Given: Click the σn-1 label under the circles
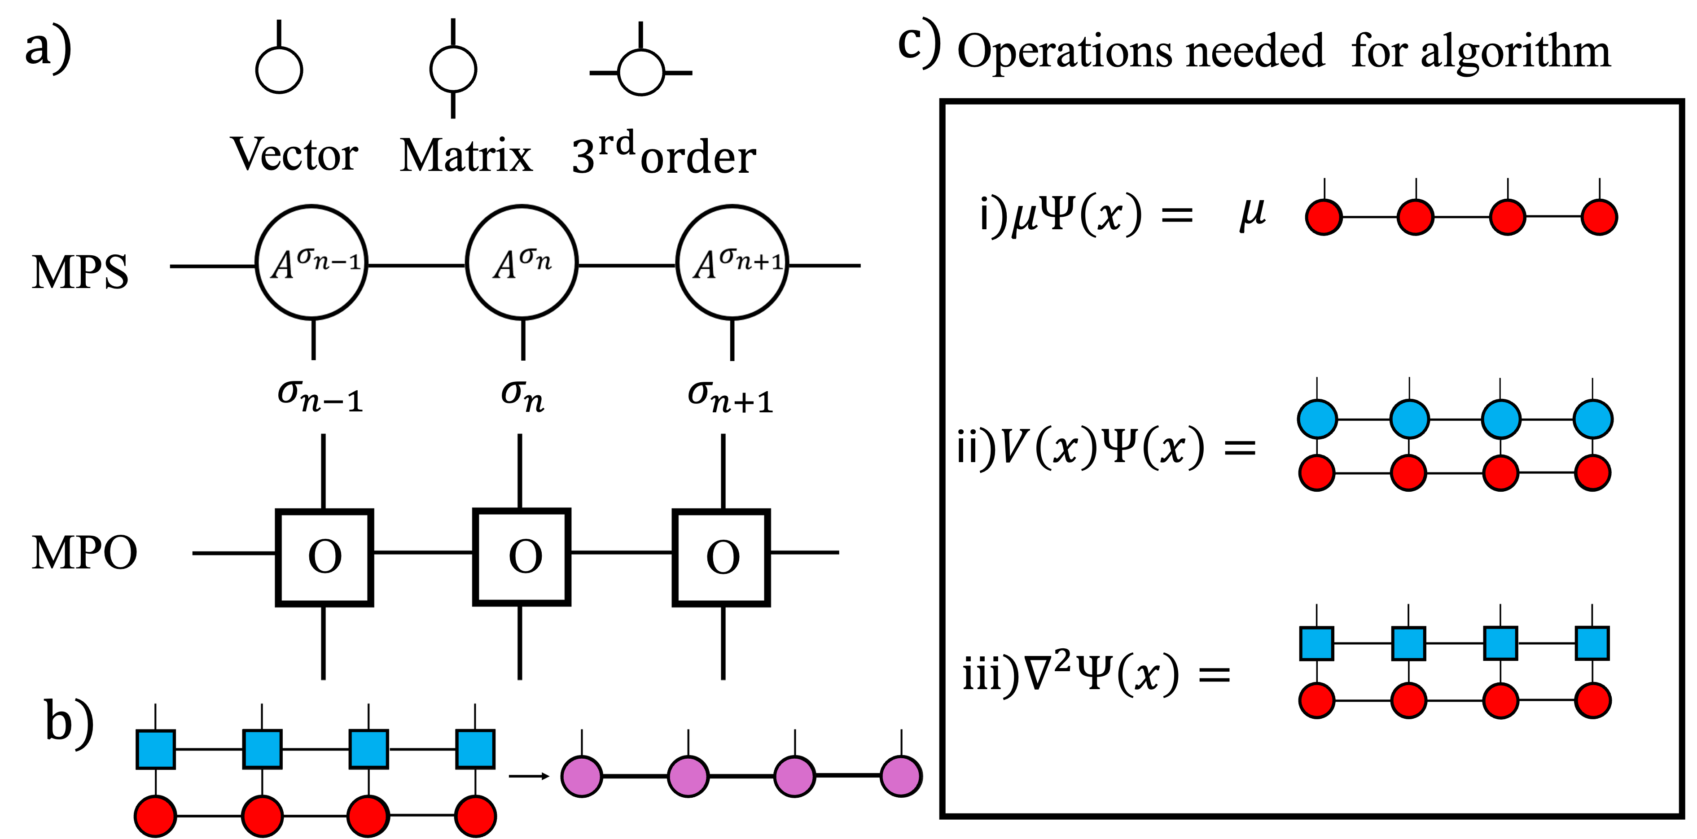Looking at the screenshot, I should pyautogui.click(x=320, y=396).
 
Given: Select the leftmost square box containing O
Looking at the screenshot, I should pyautogui.click(x=324, y=557).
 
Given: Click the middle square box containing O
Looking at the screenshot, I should pyautogui.click(x=522, y=556).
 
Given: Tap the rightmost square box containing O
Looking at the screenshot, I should pyautogui.click(x=721, y=557).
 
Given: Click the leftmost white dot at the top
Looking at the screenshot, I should pyautogui.click(x=279, y=70).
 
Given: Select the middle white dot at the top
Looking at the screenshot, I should pyautogui.click(x=453, y=69).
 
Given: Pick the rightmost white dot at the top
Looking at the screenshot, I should pyautogui.click(x=641, y=72).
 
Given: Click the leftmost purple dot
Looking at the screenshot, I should pyautogui.click(x=582, y=777).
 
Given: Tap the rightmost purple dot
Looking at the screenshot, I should pyautogui.click(x=900, y=777).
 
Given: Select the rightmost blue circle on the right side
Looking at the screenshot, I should pyautogui.click(x=1593, y=419).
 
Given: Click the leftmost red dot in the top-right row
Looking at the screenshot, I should pyautogui.click(x=1324, y=217).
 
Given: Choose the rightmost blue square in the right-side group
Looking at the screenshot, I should pyautogui.click(x=1592, y=643).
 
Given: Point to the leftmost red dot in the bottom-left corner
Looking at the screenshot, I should pyautogui.click(x=155, y=817).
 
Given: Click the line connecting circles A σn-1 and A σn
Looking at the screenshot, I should pyautogui.click(x=417, y=266).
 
